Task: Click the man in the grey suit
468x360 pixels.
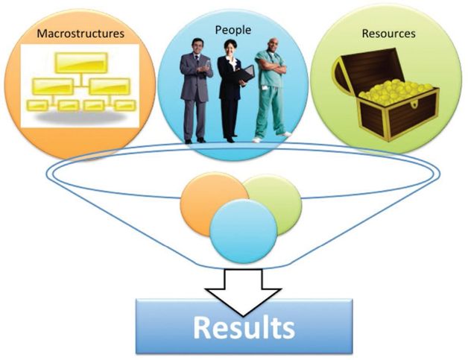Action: [x=196, y=89]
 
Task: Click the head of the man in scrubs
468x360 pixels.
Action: [x=273, y=45]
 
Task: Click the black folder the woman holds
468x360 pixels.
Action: [x=246, y=75]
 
